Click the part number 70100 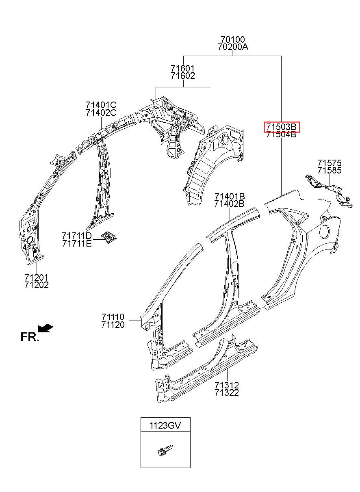[232, 39]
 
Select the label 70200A [233, 47]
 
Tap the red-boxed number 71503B [282, 127]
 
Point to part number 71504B [282, 134]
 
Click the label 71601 [183, 68]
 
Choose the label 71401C [101, 105]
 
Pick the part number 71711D [77, 236]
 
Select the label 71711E [77, 243]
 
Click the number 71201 [37, 277]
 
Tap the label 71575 [330, 163]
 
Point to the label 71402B [230, 204]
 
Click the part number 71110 [113, 317]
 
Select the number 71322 [227, 392]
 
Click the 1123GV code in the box [165, 425]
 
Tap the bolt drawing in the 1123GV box [165, 450]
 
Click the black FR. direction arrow [46, 328]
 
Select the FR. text [30, 337]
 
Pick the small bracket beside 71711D [109, 237]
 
